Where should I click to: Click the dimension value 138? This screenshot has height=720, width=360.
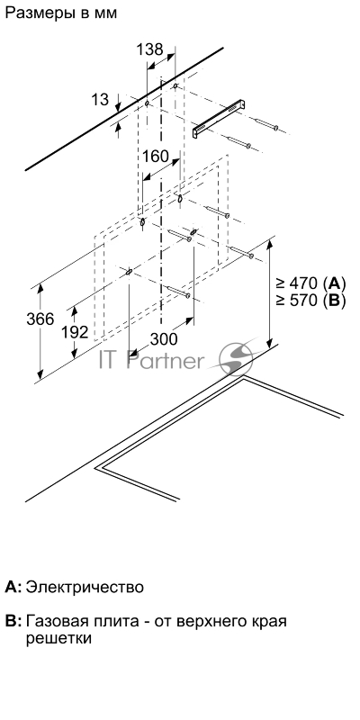click(x=149, y=49)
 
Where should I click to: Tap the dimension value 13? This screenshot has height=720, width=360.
click(x=100, y=99)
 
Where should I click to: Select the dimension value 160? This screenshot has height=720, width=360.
click(x=155, y=156)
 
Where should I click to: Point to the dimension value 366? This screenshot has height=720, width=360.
click(x=40, y=319)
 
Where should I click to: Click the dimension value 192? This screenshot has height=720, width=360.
click(x=75, y=332)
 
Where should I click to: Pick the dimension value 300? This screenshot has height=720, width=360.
click(x=164, y=339)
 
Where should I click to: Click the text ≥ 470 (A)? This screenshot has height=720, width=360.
click(x=310, y=282)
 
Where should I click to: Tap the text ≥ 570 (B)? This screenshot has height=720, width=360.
click(x=310, y=301)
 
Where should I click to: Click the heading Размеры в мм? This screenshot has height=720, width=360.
click(x=60, y=13)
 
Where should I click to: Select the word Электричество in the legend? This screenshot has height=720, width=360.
click(x=85, y=587)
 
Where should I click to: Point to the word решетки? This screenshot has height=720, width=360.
click(x=58, y=639)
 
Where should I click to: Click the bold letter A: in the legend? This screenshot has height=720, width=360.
click(x=13, y=587)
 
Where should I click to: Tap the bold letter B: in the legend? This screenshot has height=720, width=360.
click(x=13, y=621)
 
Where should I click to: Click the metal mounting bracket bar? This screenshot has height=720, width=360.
click(x=219, y=118)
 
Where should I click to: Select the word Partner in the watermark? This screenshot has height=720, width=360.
click(x=165, y=361)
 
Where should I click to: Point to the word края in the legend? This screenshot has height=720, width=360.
click(x=268, y=622)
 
